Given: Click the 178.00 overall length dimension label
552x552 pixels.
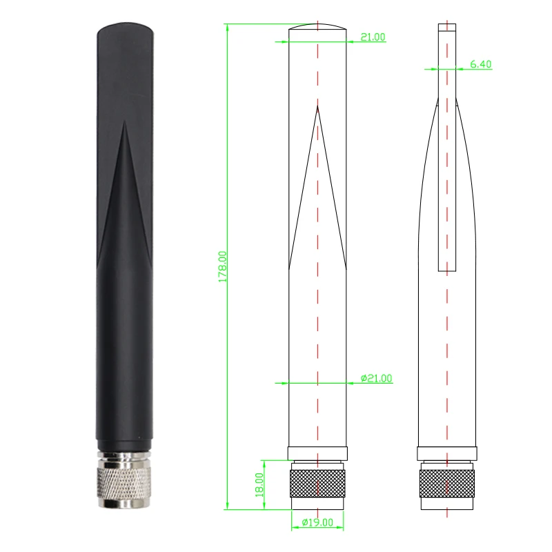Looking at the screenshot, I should [222, 266].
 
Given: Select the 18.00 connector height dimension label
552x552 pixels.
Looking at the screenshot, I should [259, 485].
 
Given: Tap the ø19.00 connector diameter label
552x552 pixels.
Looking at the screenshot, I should [317, 522].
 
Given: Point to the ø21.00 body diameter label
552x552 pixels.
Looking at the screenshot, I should [376, 378].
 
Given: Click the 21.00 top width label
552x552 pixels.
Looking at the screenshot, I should [373, 37].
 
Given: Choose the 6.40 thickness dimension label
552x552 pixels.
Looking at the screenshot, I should [480, 64].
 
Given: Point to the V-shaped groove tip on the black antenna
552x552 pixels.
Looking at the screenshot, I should [124, 124].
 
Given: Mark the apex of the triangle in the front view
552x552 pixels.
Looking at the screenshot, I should [317, 106].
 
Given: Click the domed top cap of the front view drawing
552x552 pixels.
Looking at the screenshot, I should [317, 28].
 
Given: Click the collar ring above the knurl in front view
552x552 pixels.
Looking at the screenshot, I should [317, 454].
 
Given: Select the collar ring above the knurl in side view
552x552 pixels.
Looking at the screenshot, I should [447, 454].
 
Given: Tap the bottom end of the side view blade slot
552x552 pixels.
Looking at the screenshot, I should [447, 269].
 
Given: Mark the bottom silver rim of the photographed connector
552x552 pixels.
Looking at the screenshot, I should [124, 505].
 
